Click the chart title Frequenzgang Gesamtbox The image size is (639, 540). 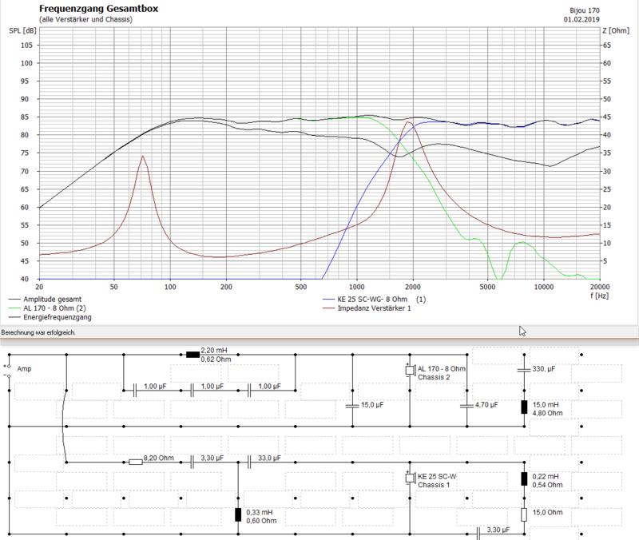[98, 9]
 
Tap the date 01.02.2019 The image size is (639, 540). [581, 19]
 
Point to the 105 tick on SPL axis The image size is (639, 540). [27, 46]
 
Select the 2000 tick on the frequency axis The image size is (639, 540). [413, 287]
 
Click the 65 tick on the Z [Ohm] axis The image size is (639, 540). [607, 46]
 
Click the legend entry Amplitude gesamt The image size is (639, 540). [52, 299]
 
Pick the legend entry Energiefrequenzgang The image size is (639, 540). [57, 317]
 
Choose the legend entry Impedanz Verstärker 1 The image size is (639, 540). [374, 308]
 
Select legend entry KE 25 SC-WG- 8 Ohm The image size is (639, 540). [372, 299]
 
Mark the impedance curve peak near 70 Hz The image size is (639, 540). [143, 155]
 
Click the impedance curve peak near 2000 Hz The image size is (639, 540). [408, 122]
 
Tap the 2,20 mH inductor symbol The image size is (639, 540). [192, 355]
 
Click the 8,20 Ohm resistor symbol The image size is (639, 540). [136, 463]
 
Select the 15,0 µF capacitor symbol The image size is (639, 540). [352, 406]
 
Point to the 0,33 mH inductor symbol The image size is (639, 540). [238, 515]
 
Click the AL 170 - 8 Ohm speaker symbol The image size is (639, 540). [410, 370]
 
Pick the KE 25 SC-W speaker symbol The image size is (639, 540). [410, 478]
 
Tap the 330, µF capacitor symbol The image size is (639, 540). [524, 370]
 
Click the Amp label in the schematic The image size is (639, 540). [24, 369]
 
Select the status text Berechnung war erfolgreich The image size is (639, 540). [38, 332]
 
